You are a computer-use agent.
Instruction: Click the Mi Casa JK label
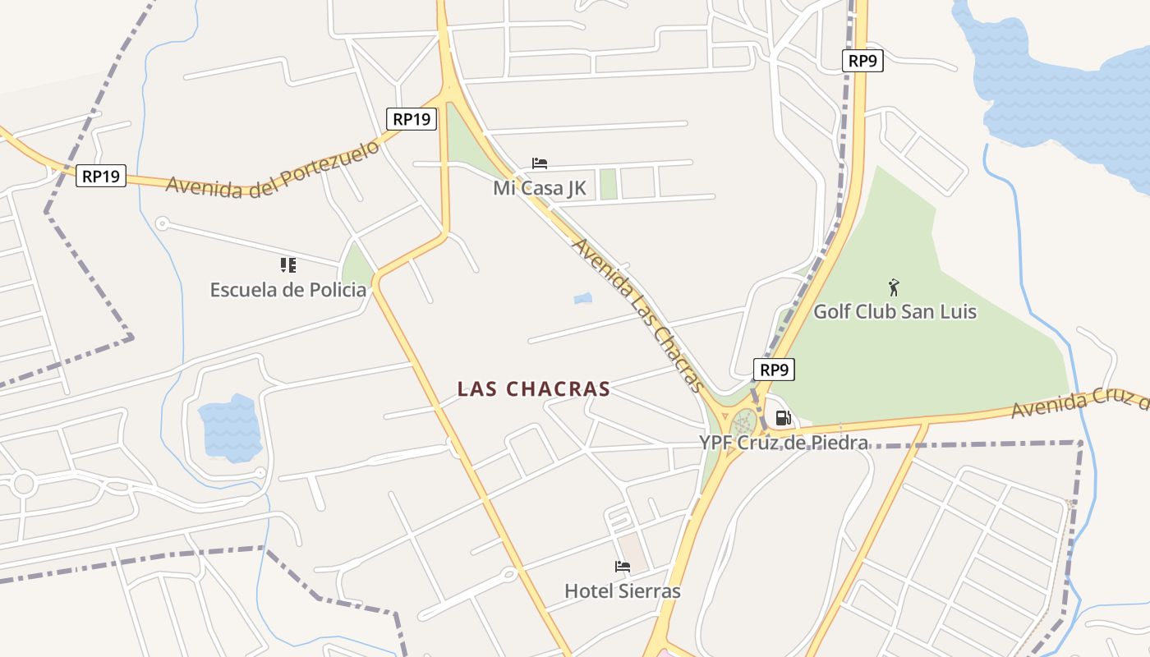(540, 188)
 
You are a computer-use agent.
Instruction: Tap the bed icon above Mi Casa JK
(540, 163)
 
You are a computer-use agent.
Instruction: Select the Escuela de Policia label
(288, 290)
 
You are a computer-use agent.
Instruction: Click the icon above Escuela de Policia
(287, 264)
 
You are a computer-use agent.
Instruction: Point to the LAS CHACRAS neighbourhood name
(534, 389)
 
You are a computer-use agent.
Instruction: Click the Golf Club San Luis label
(895, 312)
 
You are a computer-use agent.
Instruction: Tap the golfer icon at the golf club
(895, 287)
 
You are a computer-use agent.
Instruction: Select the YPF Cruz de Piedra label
(784, 443)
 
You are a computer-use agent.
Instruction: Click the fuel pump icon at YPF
(783, 419)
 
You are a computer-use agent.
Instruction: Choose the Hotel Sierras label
(623, 591)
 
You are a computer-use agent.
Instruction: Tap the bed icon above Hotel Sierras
(623, 567)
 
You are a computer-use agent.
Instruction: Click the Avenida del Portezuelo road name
(274, 169)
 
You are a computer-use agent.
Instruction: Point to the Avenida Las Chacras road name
(638, 315)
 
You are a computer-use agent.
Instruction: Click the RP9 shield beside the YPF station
(774, 370)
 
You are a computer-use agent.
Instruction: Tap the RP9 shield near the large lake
(862, 61)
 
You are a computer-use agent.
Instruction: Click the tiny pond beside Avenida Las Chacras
(582, 299)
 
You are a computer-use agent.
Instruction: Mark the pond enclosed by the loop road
(230, 428)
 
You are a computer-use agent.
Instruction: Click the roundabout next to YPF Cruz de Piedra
(744, 424)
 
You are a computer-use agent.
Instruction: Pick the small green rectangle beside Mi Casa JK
(608, 184)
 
